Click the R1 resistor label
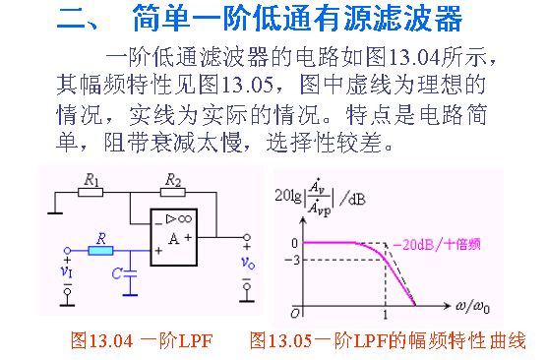click(x=92, y=179)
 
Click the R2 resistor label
click(x=173, y=179)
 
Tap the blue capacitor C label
click(x=118, y=272)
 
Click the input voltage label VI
click(x=66, y=270)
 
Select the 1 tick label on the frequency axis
click(x=386, y=315)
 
